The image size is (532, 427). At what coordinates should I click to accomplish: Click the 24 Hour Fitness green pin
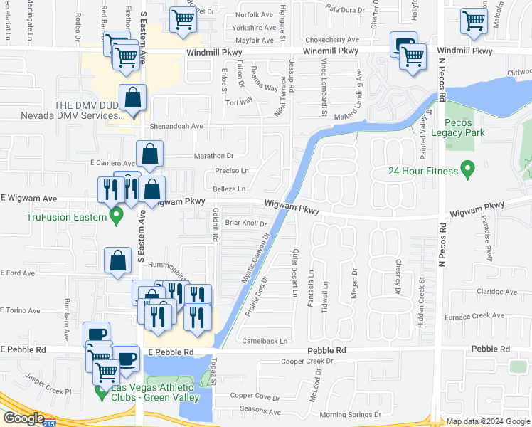(x=467, y=170)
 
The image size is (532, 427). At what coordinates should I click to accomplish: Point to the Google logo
(x=23, y=418)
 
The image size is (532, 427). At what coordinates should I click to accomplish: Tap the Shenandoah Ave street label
(x=176, y=126)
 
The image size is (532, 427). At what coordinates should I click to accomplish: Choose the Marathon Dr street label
(x=215, y=155)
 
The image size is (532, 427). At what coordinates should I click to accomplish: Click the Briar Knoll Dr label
(x=245, y=223)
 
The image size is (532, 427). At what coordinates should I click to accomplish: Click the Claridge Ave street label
(x=496, y=291)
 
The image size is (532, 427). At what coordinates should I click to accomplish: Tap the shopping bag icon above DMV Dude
(x=133, y=99)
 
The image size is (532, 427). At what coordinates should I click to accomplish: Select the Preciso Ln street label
(x=231, y=171)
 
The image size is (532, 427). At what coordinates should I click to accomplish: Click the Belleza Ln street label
(x=229, y=189)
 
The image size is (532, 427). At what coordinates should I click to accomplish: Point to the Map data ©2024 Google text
(x=489, y=421)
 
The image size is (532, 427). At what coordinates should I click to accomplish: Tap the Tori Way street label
(x=240, y=101)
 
